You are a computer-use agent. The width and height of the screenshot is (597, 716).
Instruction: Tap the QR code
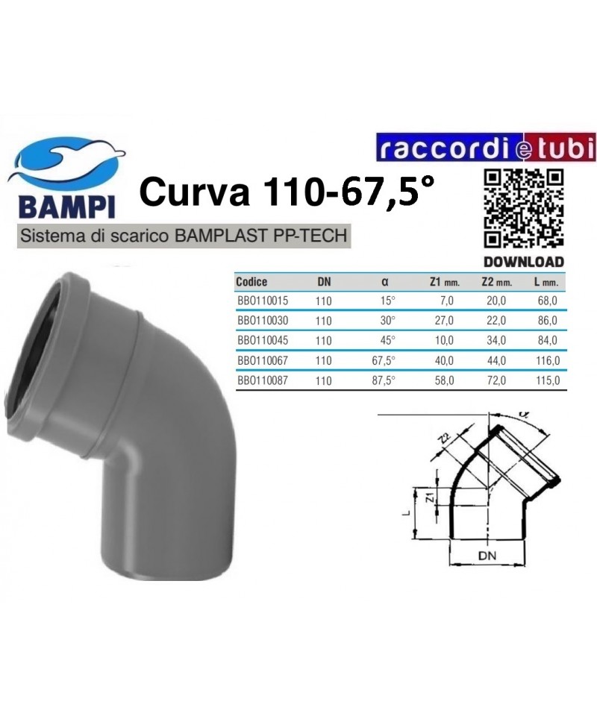coord(523,209)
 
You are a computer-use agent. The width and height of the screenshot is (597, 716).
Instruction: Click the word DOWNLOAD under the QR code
coord(524,262)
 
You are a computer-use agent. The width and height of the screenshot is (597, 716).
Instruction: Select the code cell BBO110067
coord(263,360)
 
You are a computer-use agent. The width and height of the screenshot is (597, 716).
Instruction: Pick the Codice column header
coord(251,282)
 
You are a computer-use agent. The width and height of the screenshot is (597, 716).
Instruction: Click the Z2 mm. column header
coord(496,282)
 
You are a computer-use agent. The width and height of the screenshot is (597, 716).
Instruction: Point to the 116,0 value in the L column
coord(548,361)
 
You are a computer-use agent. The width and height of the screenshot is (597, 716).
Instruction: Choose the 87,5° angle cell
coord(384,380)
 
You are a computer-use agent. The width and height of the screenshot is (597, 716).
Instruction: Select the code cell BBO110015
coord(263,301)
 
